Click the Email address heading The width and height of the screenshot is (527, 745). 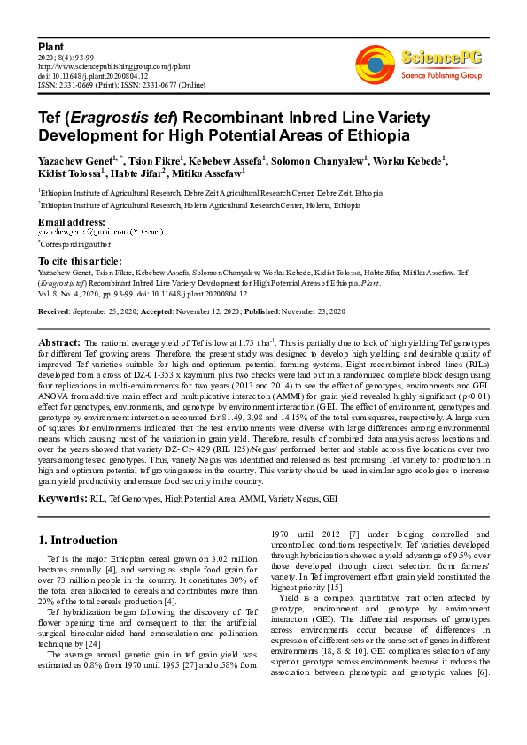pyautogui.click(x=71, y=221)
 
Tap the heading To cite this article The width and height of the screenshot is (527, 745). pyautogui.click(x=80, y=261)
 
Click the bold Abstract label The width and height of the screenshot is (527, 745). pyautogui.click(x=60, y=342)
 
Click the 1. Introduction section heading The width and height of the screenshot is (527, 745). pyautogui.click(x=78, y=540)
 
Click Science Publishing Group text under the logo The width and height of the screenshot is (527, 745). pyautogui.click(x=441, y=76)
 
